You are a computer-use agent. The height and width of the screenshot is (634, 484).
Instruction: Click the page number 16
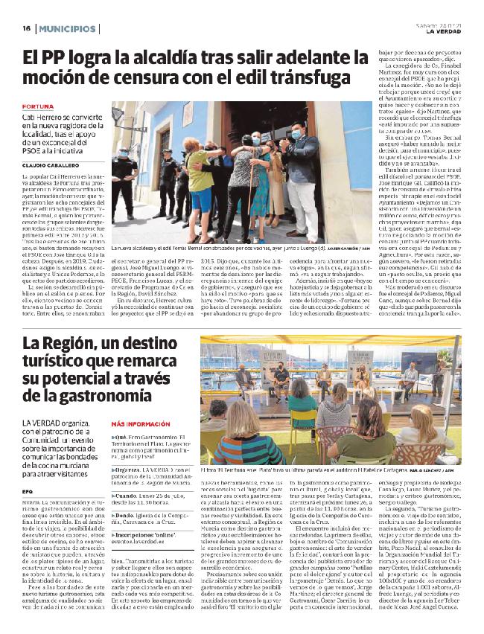click(25, 28)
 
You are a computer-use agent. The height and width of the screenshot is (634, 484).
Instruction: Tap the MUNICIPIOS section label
click(68, 28)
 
